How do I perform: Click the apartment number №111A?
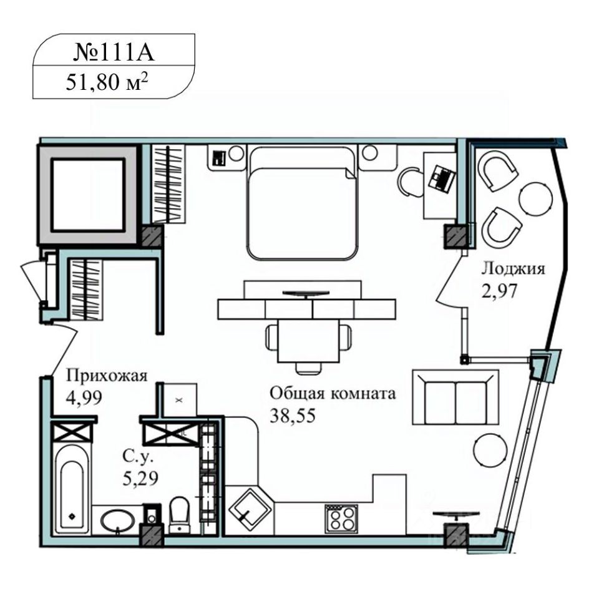[x=114, y=52]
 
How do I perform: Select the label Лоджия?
[x=513, y=269]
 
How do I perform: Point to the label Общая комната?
[x=333, y=392]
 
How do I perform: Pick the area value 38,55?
[x=293, y=416]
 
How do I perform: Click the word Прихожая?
[x=107, y=376]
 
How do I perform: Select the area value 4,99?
[x=84, y=397]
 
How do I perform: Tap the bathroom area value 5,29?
[x=140, y=477]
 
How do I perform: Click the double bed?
[x=303, y=202]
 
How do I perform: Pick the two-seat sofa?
[x=455, y=397]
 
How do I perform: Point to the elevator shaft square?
[x=88, y=195]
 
